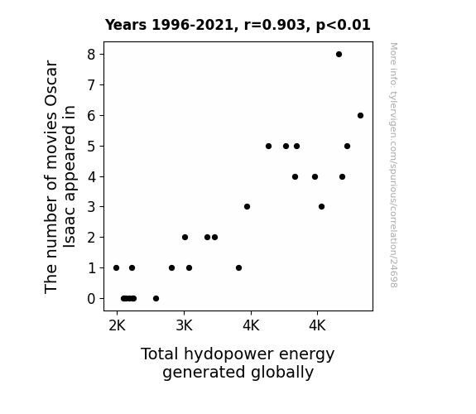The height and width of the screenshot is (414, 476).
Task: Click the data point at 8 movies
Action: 339,55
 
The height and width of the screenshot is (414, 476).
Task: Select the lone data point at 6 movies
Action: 360,115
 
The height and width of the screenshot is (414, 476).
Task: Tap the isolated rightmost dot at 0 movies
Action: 156,299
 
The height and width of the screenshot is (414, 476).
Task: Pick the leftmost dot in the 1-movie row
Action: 116,268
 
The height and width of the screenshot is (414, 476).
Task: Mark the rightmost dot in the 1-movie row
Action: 239,268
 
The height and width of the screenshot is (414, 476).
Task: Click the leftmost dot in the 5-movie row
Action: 268,146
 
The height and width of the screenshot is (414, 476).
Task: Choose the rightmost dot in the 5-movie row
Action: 348,146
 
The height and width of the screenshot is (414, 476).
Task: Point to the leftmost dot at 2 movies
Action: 185,238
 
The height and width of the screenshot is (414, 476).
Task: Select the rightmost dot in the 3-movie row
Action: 321,206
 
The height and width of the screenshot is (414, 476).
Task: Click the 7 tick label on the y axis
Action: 91,85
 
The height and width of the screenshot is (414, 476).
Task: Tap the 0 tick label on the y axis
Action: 91,299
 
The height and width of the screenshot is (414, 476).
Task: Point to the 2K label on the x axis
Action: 118,326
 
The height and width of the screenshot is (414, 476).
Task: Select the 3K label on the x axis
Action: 184,326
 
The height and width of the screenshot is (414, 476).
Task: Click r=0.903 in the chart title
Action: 275,25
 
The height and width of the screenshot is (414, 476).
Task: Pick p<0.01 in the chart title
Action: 344,25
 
